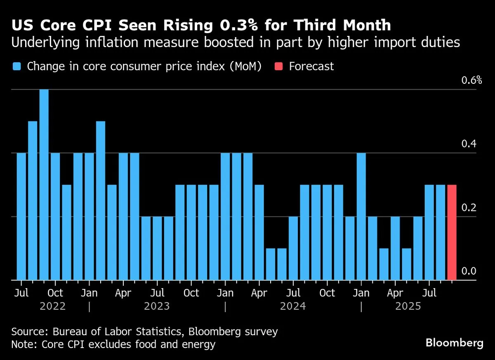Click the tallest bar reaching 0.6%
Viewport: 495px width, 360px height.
[x=44, y=185]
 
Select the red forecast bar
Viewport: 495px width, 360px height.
[x=452, y=232]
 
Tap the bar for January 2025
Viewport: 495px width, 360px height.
[x=361, y=216]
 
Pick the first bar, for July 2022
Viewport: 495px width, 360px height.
[x=21, y=216]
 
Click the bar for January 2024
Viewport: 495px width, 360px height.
[x=225, y=216]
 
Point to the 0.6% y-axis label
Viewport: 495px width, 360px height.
[x=471, y=80]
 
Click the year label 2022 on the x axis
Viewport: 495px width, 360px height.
[x=53, y=307]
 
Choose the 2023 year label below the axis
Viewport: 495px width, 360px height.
[x=157, y=307]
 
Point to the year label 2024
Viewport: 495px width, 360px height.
[x=293, y=307]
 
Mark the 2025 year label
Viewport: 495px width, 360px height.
[x=408, y=307]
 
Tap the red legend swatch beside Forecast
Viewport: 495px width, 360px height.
[x=279, y=66]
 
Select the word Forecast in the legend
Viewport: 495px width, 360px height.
[x=311, y=66]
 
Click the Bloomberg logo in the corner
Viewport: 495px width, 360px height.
[x=454, y=343]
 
